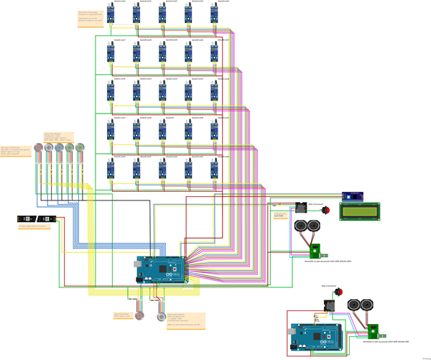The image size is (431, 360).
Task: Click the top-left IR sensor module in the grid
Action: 110,14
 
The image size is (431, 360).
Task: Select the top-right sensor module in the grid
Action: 214,14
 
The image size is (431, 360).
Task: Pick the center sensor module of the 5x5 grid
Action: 162,91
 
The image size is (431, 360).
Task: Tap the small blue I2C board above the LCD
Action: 353,195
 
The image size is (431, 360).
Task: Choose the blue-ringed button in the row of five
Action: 70,147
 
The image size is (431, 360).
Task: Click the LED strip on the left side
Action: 37,218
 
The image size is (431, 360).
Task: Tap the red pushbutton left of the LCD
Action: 324,211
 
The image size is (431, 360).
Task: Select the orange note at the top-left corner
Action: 90,17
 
